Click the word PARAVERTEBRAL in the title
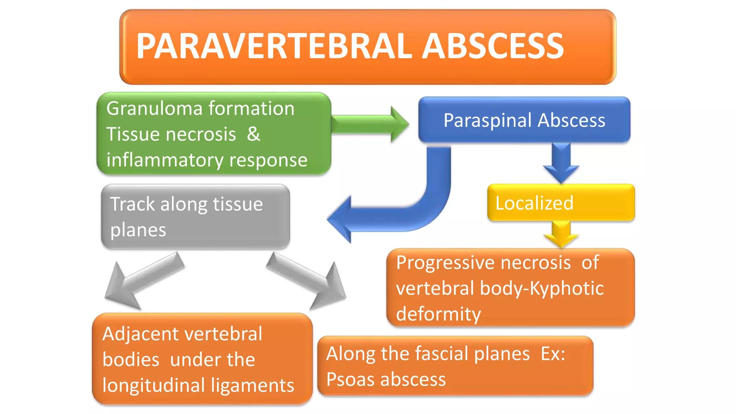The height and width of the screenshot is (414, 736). (x=274, y=46)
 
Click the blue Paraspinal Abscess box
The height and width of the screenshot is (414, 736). (x=524, y=120)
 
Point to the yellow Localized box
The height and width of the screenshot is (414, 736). (x=561, y=203)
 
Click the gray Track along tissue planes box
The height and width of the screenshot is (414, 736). (x=195, y=216)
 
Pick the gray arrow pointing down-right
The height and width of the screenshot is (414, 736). (x=309, y=280)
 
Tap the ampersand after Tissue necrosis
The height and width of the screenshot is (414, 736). (x=253, y=134)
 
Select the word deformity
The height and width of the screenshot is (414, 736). (x=438, y=314)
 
